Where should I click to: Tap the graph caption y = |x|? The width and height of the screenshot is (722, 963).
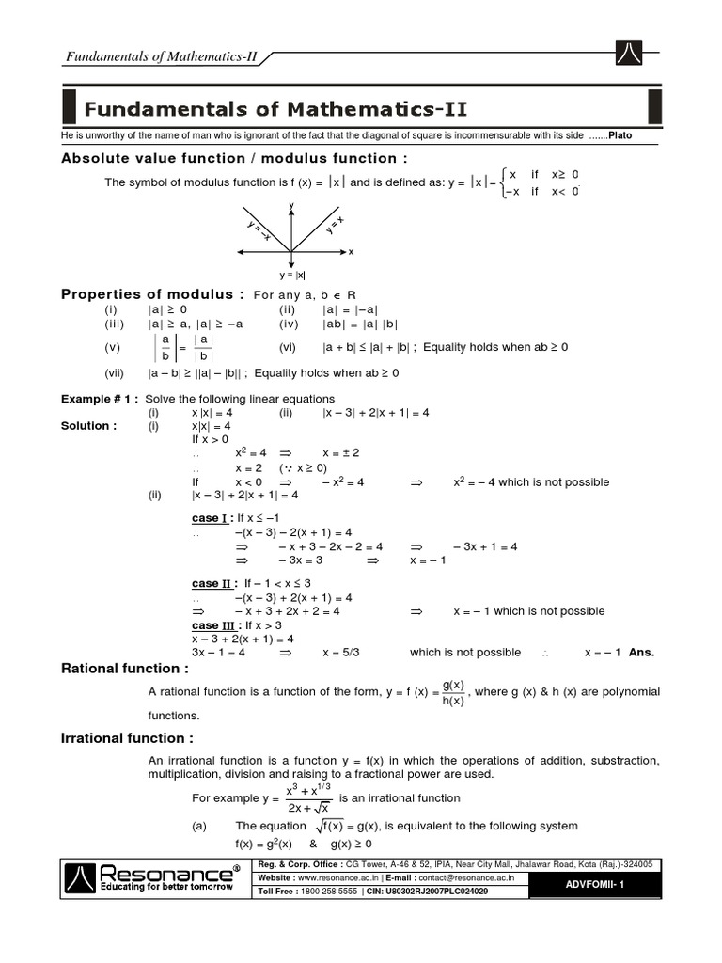pyautogui.click(x=291, y=276)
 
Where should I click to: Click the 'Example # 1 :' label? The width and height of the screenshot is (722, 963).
pyautogui.click(x=100, y=399)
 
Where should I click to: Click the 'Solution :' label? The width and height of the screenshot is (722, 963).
pyautogui.click(x=89, y=426)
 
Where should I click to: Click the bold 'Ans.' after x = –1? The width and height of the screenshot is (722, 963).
pyautogui.click(x=641, y=652)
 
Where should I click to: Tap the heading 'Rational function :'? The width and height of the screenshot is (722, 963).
pyautogui.click(x=125, y=669)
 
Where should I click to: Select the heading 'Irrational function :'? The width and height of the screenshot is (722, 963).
pyautogui.click(x=128, y=738)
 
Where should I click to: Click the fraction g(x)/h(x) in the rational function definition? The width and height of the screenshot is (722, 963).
pyautogui.click(x=452, y=692)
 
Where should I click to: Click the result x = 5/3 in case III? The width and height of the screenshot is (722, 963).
pyautogui.click(x=341, y=652)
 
